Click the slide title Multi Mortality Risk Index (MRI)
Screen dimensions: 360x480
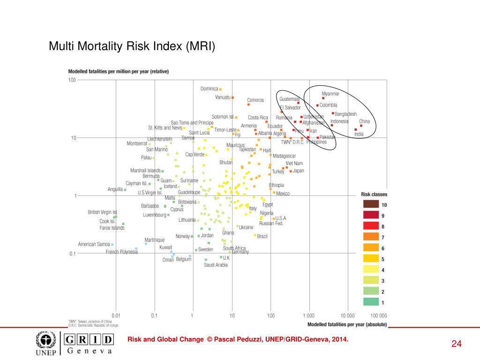(132, 46)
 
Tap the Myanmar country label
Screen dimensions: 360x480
(330, 94)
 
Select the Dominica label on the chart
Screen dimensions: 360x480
(210, 89)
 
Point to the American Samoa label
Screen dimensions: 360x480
(94, 244)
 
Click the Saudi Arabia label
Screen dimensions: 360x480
(216, 265)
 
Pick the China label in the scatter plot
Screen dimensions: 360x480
(364, 121)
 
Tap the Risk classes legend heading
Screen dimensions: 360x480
(374, 194)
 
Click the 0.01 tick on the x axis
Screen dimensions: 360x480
(115, 315)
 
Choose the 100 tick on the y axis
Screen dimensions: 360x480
(72, 80)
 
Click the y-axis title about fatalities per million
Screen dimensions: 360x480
(119, 72)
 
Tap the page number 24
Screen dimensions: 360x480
(457, 345)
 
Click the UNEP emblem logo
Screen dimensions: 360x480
(46, 340)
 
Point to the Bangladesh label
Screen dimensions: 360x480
(345, 114)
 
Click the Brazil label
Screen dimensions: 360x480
(262, 236)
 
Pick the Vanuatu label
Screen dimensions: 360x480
(223, 97)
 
